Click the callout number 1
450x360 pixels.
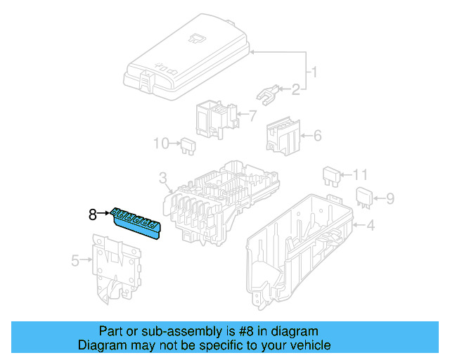316,72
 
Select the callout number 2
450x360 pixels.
296,89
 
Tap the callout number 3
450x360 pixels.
162,176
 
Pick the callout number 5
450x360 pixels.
76,261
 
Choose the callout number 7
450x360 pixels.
253,115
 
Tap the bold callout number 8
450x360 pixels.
92,214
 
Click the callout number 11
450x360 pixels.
360,174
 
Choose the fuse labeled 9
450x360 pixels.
364,198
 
